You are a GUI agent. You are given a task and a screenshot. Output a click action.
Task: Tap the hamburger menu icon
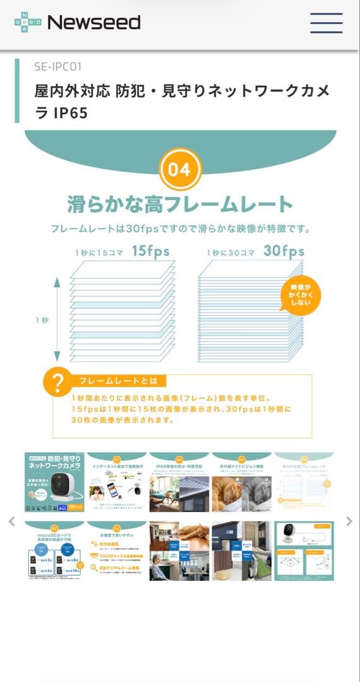click(326, 23)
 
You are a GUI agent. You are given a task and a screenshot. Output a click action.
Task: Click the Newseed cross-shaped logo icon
click(28, 23)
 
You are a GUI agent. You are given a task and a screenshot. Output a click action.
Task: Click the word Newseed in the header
click(93, 23)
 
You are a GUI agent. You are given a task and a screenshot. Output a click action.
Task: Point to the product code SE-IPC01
click(58, 66)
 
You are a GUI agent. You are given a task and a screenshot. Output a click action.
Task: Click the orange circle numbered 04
click(179, 169)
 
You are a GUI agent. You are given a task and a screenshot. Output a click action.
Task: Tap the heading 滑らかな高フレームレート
click(180, 204)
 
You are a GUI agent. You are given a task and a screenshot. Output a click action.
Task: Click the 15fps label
click(150, 251)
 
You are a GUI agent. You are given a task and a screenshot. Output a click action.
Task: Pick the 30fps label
click(284, 251)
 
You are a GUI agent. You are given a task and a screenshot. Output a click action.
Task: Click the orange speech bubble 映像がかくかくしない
click(301, 294)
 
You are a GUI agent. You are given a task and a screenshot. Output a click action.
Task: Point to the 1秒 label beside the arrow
click(42, 320)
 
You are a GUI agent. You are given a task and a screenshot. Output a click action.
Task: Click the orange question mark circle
click(57, 383)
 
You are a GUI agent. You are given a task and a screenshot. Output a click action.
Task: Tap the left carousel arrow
click(11, 521)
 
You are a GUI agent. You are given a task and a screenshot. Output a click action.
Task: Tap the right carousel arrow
click(349, 521)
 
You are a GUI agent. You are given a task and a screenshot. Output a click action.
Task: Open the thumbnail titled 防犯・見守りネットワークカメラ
click(54, 482)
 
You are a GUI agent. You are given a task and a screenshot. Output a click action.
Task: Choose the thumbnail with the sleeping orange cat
click(241, 482)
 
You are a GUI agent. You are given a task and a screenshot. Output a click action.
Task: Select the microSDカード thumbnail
click(54, 551)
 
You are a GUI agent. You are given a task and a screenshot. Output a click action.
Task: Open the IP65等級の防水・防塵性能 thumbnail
click(179, 482)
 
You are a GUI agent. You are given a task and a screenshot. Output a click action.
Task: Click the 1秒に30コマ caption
click(231, 253)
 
